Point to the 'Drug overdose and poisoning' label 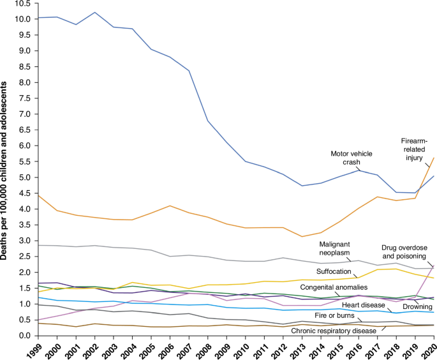click(404, 251)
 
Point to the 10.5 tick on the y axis click(24, 4)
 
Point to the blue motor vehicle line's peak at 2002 click(95, 12)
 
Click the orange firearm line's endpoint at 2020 click(433, 158)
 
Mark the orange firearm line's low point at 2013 click(302, 237)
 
